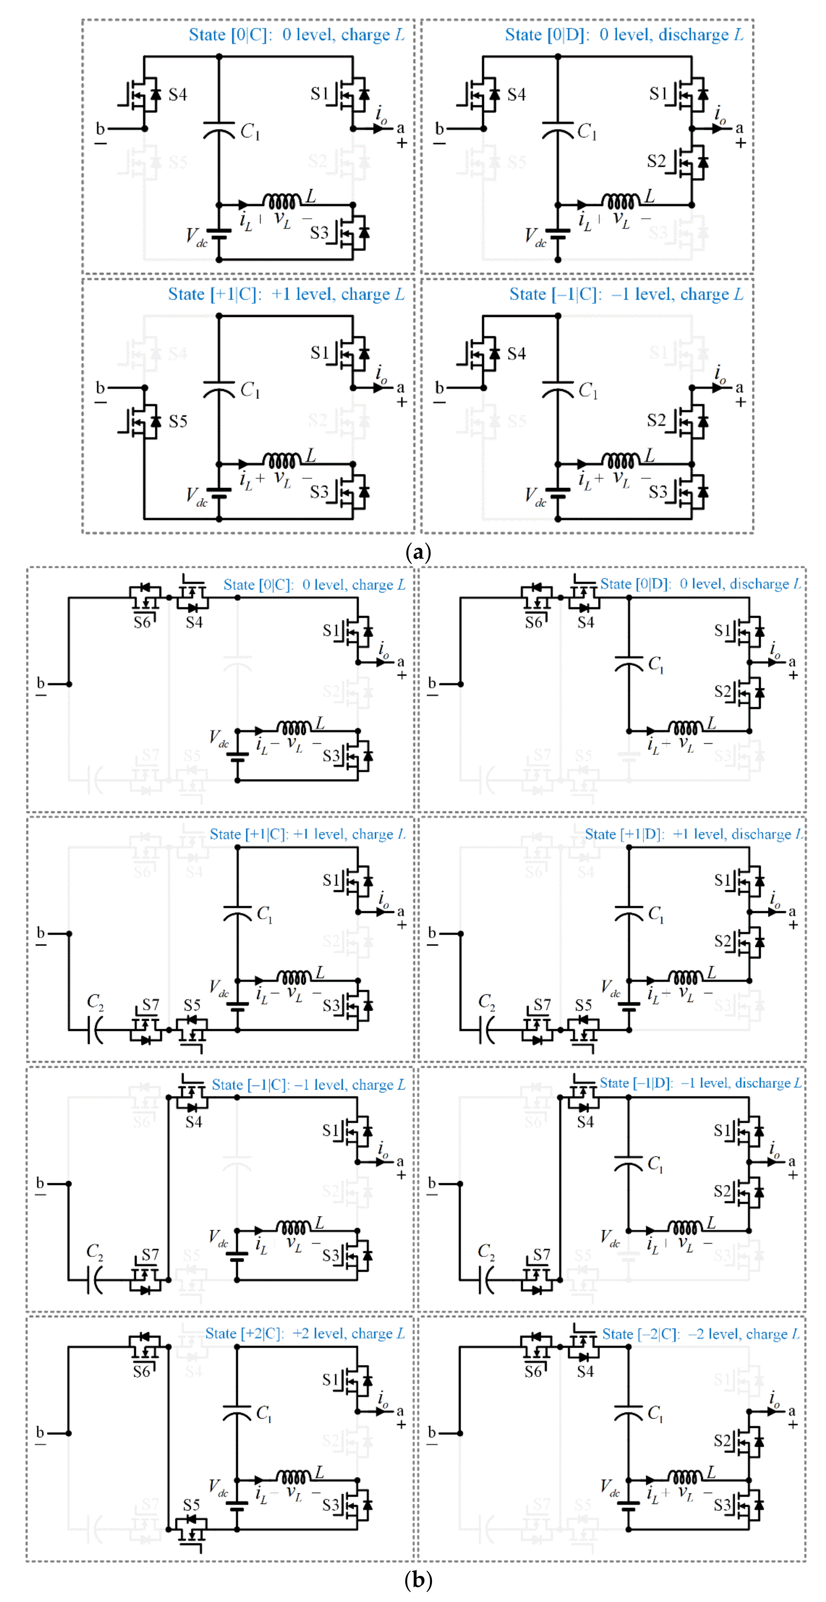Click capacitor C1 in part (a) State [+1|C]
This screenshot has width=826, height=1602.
coord(219,390)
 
